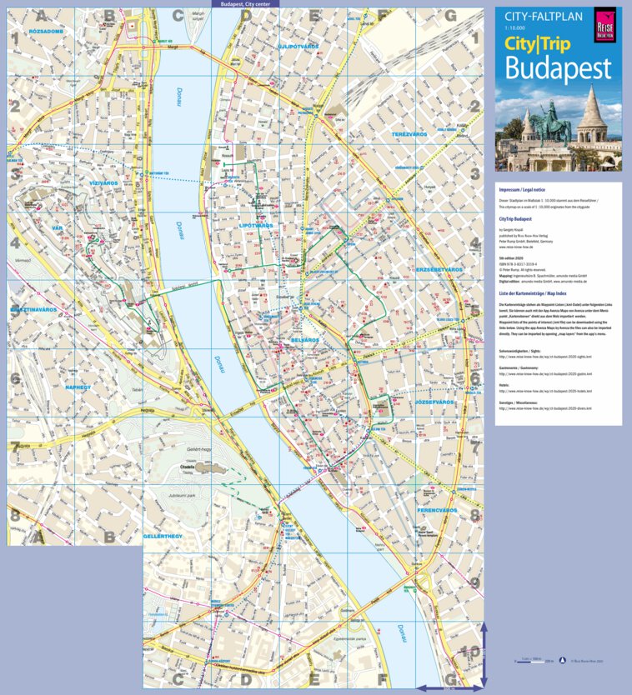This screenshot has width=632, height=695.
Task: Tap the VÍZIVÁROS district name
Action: [x=108, y=182]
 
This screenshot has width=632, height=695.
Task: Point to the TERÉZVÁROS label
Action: [x=410, y=133]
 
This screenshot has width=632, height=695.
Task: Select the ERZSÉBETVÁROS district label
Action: [x=439, y=270]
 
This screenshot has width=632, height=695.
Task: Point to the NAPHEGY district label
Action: [x=83, y=387]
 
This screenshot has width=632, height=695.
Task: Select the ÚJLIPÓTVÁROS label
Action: [x=300, y=47]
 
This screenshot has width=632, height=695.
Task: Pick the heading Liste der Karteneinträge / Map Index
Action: [x=544, y=294]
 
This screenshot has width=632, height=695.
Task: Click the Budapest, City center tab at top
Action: [x=245, y=4]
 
